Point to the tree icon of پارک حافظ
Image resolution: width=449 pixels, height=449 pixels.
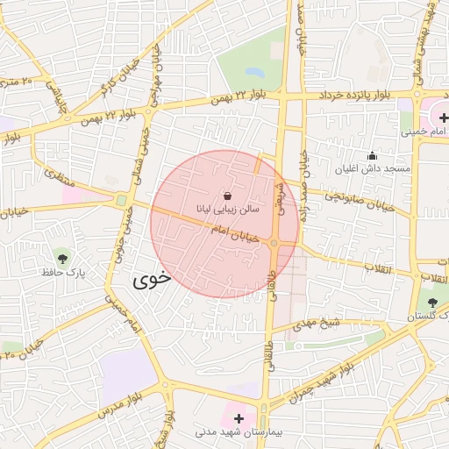pyautogui.click(x=63, y=257)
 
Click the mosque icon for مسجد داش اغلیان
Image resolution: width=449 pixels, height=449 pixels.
pyautogui.click(x=372, y=155)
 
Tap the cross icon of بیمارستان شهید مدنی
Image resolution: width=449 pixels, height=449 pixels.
pyautogui.click(x=239, y=419)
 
